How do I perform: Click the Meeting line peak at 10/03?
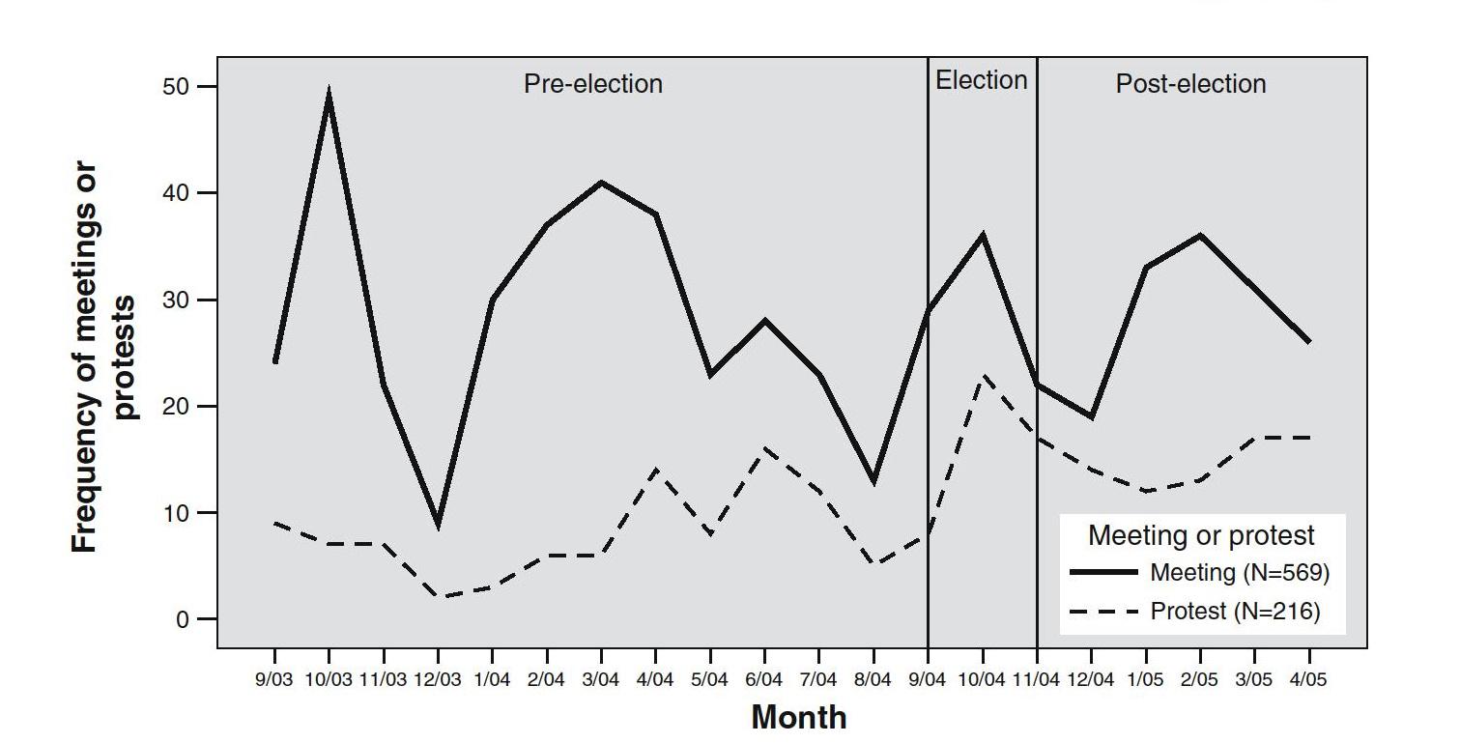pyautogui.click(x=329, y=95)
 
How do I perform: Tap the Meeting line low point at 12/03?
pyautogui.click(x=439, y=525)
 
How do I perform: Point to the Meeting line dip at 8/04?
pyautogui.click(x=873, y=481)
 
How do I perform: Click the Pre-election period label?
pyautogui.click(x=593, y=84)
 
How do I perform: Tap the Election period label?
pyautogui.click(x=982, y=80)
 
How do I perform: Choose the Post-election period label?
pyautogui.click(x=1190, y=84)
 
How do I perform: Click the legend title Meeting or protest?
pyautogui.click(x=1201, y=535)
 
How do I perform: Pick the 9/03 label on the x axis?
pyautogui.click(x=274, y=680)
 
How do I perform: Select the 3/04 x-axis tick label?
pyautogui.click(x=601, y=680)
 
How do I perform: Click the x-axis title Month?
pyautogui.click(x=798, y=718)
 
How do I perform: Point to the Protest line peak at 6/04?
pyautogui.click(x=764, y=448)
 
